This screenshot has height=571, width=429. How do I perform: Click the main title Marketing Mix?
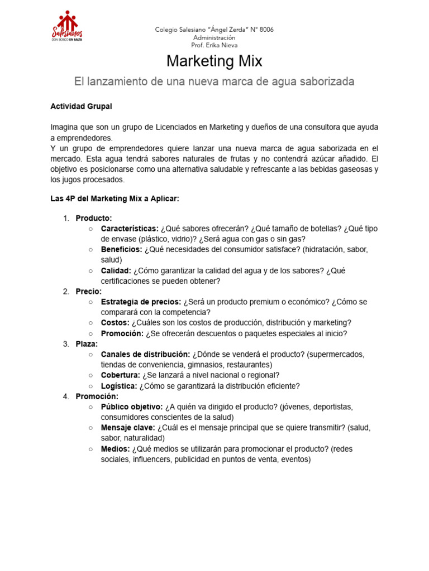pyautogui.click(x=214, y=61)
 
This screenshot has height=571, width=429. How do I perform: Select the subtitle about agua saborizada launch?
pyautogui.click(x=214, y=81)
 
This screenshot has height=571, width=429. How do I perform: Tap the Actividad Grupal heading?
pyautogui.click(x=81, y=106)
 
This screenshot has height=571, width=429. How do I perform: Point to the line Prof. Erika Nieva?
pyautogui.click(x=214, y=45)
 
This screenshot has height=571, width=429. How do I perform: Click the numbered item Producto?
pyautogui.click(x=94, y=217)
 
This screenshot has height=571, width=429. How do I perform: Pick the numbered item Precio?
pyautogui.click(x=88, y=291)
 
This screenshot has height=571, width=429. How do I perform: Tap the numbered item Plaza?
pyautogui.click(x=87, y=343)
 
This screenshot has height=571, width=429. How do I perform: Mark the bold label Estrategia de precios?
pyautogui.click(x=141, y=302)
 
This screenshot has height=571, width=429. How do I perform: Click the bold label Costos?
pyautogui.click(x=115, y=323)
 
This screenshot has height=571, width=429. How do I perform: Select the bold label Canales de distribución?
pyautogui.click(x=145, y=354)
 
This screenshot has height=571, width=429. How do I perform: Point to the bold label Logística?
pyautogui.click(x=119, y=386)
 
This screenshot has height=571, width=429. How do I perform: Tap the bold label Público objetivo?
pyautogui.click(x=132, y=407)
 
